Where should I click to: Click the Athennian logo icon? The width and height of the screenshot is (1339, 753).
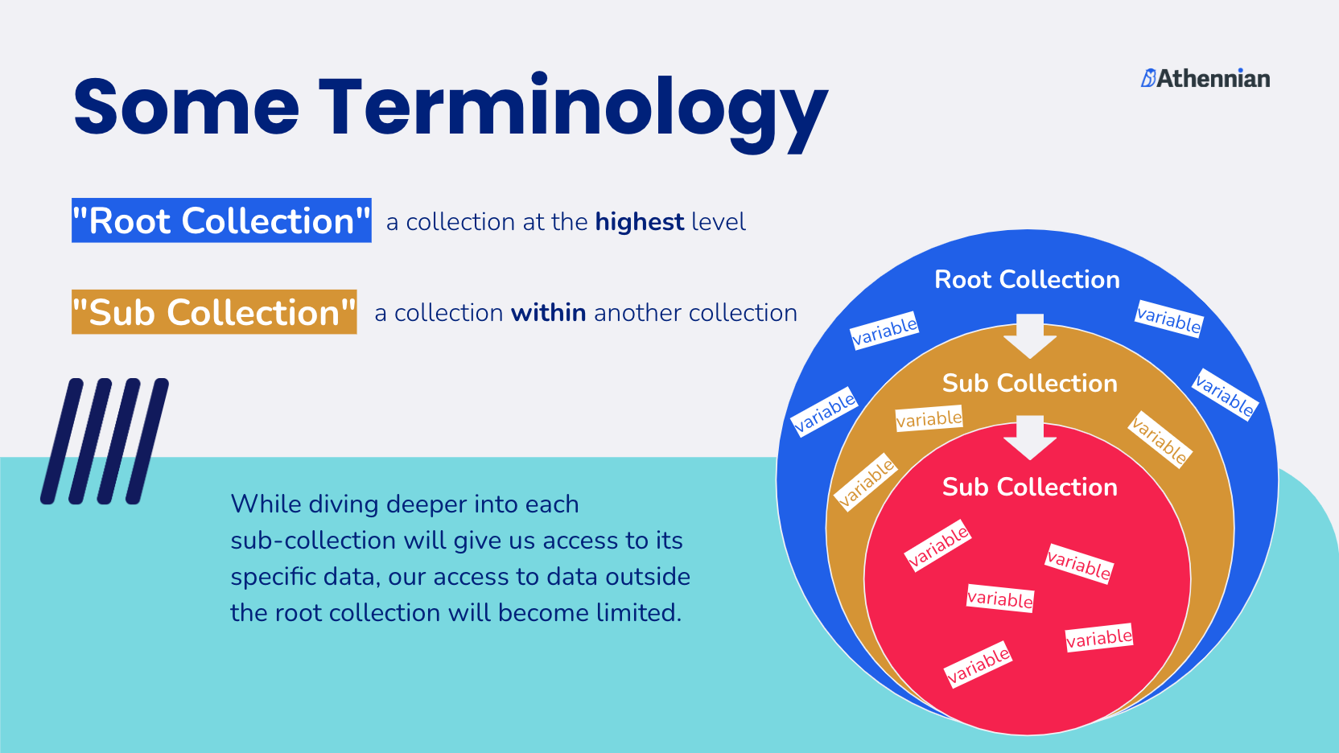1148,78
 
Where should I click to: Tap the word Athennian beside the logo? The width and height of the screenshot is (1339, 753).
1213,78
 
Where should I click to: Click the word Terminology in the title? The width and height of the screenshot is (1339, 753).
574,113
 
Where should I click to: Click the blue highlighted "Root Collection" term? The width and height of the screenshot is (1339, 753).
221,220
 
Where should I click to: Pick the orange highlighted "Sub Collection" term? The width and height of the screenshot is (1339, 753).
214,312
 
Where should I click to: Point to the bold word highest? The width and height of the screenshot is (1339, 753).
640,222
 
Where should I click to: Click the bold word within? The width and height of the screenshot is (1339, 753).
548,313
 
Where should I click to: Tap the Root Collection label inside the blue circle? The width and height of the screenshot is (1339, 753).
1027,280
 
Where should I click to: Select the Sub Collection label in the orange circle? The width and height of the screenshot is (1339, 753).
1030,384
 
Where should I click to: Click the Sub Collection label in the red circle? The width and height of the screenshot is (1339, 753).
1030,487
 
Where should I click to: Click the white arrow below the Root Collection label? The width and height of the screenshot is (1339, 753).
1030,335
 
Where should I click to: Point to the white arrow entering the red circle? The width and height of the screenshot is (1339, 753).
1030,438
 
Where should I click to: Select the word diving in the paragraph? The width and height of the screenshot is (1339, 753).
348,505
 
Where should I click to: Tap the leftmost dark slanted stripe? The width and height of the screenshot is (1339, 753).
62,441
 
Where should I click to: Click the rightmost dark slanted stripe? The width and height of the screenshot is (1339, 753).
147,441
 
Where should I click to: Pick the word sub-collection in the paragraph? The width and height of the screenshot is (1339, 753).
313,541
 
